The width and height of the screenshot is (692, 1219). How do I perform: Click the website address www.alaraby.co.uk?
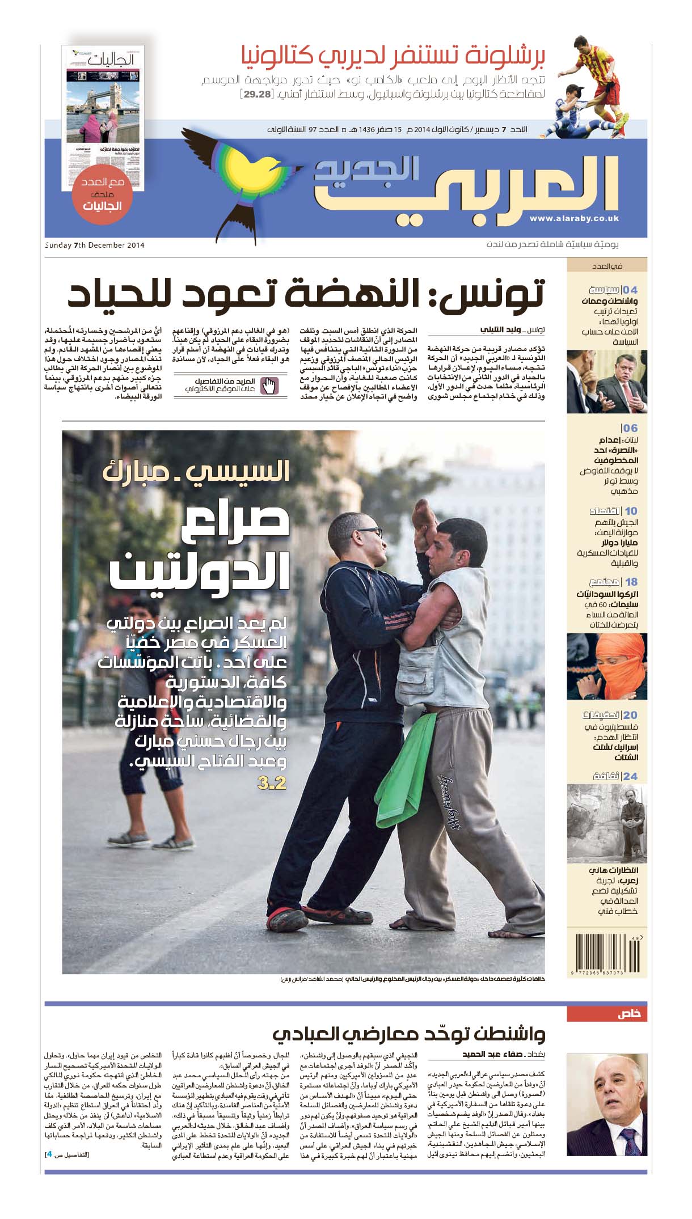coord(574,218)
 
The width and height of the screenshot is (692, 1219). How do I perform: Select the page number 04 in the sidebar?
coord(630,290)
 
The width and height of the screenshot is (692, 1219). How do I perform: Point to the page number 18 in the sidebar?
coord(631,582)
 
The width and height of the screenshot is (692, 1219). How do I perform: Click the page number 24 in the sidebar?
coord(630,776)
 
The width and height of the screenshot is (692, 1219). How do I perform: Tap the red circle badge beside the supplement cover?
coord(103,194)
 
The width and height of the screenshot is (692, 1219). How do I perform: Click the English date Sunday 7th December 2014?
coord(95,245)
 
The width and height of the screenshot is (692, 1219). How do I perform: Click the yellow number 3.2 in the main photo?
coord(272,784)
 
